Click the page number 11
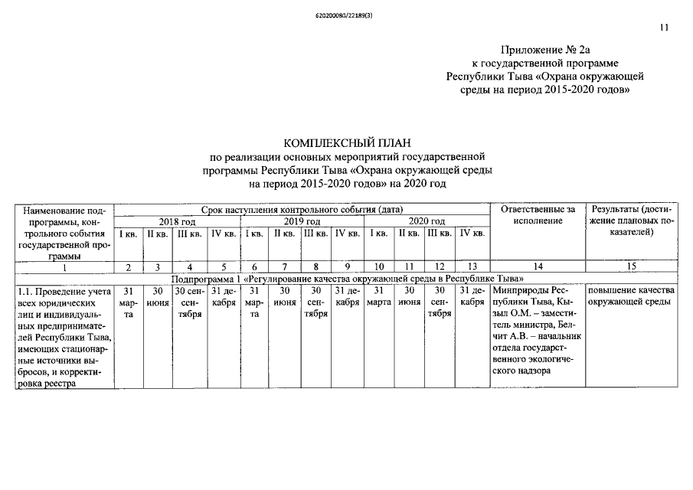(663, 28)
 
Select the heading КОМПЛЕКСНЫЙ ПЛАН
(348, 143)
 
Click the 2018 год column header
(177, 221)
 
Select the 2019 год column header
(302, 221)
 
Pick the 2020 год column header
(427, 221)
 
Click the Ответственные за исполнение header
(537, 215)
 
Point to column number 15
(632, 266)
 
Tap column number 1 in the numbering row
(64, 266)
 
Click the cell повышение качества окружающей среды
(631, 296)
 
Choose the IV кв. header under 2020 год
(472, 233)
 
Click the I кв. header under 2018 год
(128, 233)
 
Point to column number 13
(472, 266)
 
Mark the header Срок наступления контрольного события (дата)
(302, 209)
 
